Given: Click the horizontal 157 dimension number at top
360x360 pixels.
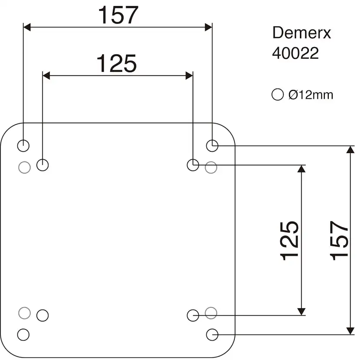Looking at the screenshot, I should [x=118, y=15].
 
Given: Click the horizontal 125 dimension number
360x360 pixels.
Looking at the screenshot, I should [x=116, y=63].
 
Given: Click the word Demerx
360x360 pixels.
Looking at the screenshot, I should [x=301, y=33].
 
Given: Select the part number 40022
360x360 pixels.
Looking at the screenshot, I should [x=295, y=53].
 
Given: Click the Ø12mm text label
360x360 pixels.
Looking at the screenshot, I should [x=310, y=94].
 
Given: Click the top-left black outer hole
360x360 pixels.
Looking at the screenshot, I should [x=23, y=146].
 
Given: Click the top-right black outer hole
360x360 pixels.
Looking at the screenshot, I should [x=212, y=146].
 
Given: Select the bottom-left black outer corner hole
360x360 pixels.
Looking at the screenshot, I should [x=23, y=334].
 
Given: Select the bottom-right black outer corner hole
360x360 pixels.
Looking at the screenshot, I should [x=212, y=334].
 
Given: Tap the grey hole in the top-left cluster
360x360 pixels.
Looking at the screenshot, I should [x=25, y=167].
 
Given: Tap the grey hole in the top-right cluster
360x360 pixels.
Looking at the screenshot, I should [x=211, y=167].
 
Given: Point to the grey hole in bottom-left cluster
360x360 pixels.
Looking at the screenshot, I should [x=25, y=312].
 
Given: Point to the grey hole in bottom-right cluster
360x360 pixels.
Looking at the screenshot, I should [x=211, y=312].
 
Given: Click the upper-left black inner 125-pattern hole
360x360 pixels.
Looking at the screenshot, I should [x=43, y=165].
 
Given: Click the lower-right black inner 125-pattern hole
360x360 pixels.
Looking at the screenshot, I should [x=193, y=315].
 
